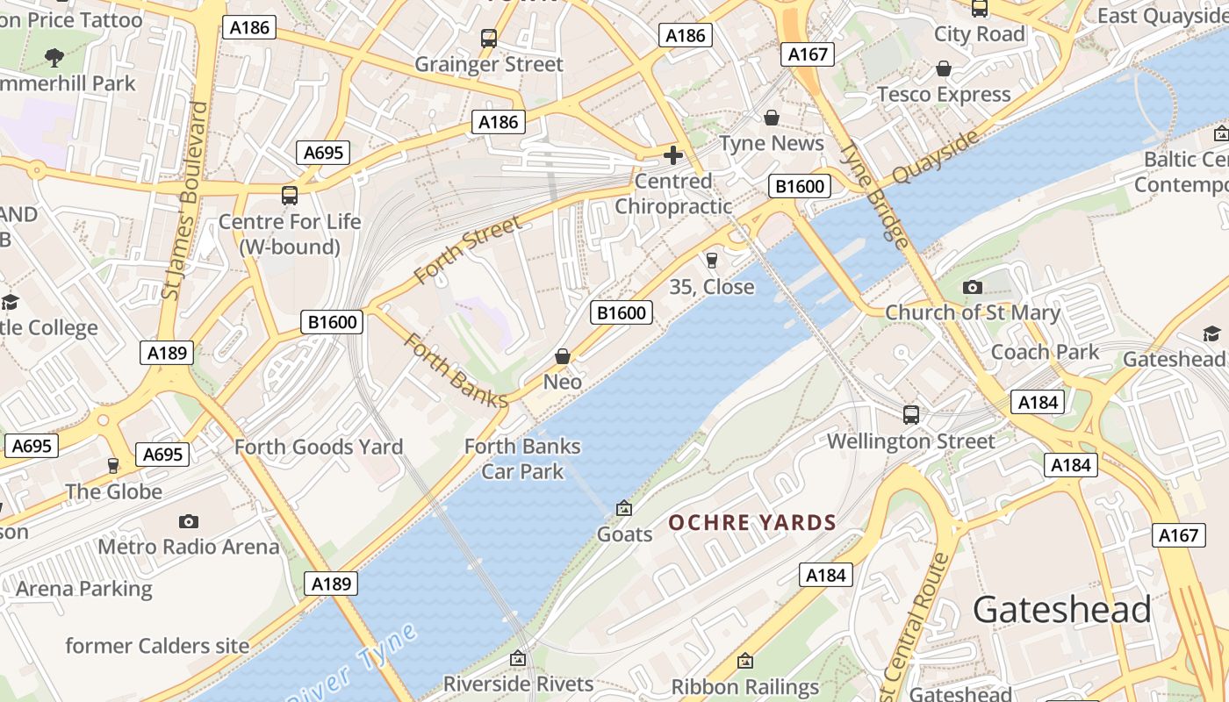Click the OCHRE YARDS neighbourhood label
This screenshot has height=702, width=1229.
[752, 523]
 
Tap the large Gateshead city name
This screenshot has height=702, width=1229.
[1061, 609]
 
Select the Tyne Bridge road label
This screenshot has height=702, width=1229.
[873, 194]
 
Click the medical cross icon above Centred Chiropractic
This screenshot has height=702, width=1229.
[673, 155]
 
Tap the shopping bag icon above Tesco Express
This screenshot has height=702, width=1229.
[944, 68]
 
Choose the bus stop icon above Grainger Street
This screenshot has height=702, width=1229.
[489, 39]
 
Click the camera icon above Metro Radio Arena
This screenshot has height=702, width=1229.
[189, 521]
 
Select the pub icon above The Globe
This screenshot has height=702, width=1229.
[112, 465]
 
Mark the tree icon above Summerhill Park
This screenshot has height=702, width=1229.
[54, 58]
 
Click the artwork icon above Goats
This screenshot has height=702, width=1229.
[624, 508]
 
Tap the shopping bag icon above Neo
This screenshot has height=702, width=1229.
[563, 356]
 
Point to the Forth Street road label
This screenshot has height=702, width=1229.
[467, 250]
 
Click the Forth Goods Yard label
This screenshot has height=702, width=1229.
[319, 447]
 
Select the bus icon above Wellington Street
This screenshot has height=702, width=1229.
[911, 414]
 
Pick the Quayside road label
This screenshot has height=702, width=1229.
[935, 158]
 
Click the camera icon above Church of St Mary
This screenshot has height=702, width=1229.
[972, 287]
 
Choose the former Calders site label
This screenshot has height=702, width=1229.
[157, 646]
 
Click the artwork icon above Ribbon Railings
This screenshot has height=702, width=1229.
[745, 660]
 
